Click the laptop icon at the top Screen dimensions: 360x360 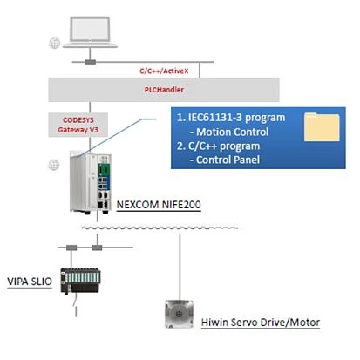[91, 26]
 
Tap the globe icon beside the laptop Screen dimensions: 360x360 [56, 41]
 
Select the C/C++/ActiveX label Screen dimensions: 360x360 [162, 70]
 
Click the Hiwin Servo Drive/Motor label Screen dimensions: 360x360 [261, 323]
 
